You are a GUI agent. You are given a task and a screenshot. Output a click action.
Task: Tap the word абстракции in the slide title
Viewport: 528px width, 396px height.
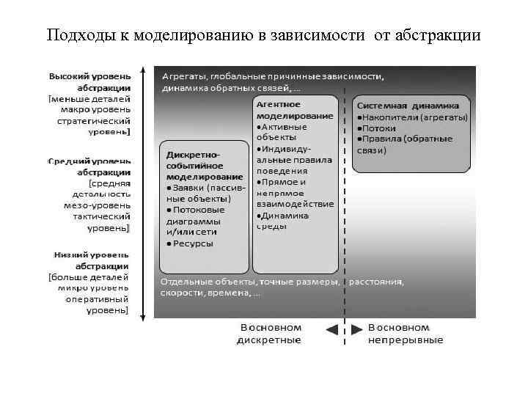pyautogui.click(x=438, y=35)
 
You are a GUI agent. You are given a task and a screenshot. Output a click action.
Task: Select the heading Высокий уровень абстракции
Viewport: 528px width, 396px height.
pyautogui.click(x=90, y=81)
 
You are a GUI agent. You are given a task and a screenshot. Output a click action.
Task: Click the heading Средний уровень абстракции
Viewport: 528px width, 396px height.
pyautogui.click(x=90, y=166)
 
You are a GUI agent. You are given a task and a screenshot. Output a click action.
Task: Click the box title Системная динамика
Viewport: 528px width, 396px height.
pyautogui.click(x=408, y=106)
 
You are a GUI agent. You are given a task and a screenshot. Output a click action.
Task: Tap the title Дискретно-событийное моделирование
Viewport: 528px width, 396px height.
pyautogui.click(x=204, y=166)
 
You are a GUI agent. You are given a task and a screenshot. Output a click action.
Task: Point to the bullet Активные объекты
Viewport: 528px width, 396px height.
pyautogui.click(x=282, y=131)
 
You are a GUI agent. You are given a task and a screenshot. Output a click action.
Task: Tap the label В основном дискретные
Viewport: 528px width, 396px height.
pyautogui.click(x=269, y=334)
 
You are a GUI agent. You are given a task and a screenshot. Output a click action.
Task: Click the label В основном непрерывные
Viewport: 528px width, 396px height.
pyautogui.click(x=406, y=334)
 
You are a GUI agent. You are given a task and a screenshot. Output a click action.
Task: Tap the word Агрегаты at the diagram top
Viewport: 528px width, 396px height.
pyautogui.click(x=183, y=76)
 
